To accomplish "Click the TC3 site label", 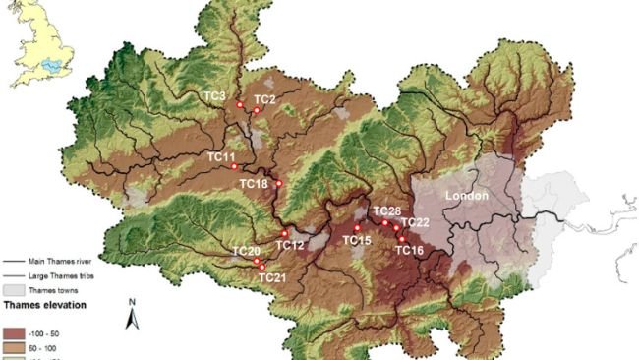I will coord(214,95).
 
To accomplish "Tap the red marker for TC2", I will coord(256,110).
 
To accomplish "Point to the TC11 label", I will coord(221,156).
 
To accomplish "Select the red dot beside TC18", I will coord(278,183).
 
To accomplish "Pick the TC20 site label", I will coord(246,252).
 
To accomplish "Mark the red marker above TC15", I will coord(356,227).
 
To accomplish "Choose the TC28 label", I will coord(386,210).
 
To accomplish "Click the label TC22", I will coord(416,223).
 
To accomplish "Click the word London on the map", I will coord(467,196).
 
